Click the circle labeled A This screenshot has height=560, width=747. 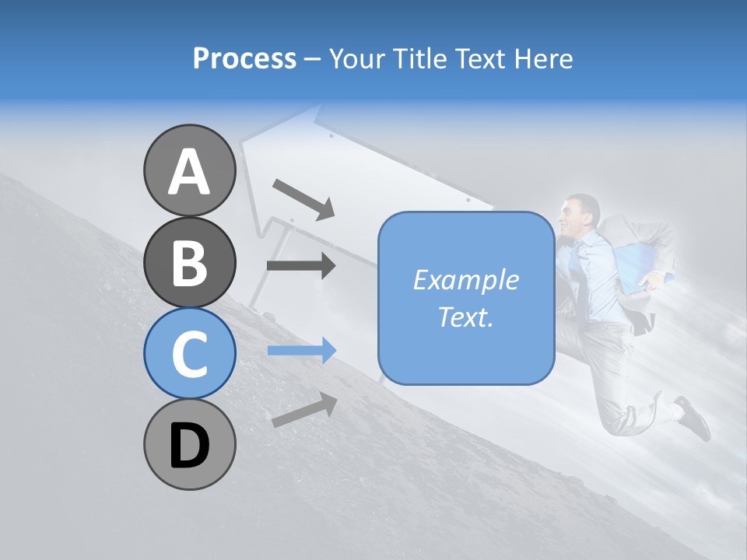pos(189,171)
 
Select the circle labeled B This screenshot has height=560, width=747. pos(189,262)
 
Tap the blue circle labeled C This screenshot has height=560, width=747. pos(189,353)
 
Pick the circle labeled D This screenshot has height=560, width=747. pos(189,444)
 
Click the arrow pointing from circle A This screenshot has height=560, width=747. pos(303,198)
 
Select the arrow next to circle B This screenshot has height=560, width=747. pos(301,266)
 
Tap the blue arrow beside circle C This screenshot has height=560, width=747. pos(301,351)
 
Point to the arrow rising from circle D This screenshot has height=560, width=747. pos(303,409)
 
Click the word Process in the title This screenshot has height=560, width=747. pos(244,58)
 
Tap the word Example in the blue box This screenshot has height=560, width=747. pos(465,280)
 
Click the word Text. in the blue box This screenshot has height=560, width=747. pos(465,317)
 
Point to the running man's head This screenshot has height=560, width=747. pos(580,214)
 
